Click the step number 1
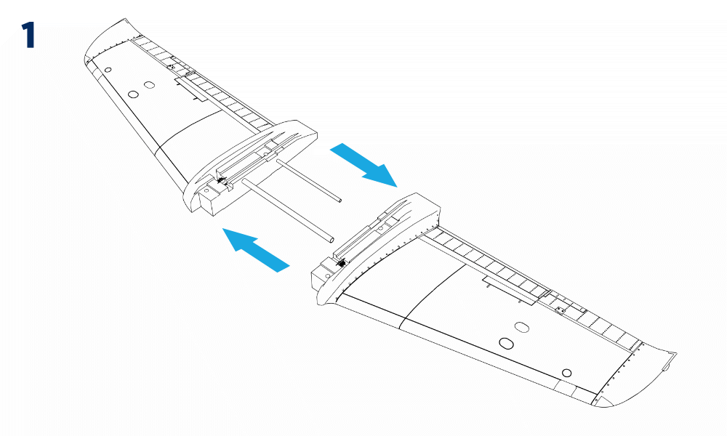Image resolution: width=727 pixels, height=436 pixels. [x=29, y=35]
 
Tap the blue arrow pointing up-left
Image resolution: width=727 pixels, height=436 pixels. [x=256, y=250]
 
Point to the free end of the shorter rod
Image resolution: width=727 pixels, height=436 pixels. [x=340, y=200]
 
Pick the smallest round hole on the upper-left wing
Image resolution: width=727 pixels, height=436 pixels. [x=108, y=70]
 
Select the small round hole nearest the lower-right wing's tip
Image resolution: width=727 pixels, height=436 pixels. [x=566, y=373]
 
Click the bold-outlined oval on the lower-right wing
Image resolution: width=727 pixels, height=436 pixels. [x=506, y=343]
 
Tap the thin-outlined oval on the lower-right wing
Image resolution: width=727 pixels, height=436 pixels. [x=522, y=327]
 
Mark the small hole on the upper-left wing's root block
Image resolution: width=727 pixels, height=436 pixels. [x=207, y=190]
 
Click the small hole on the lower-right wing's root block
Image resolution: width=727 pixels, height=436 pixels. [x=328, y=276]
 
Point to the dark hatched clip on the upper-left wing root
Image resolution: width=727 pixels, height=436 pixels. [x=222, y=181]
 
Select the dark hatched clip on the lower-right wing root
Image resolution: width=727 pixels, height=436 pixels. [x=342, y=263]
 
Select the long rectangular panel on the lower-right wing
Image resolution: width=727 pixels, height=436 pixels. [x=510, y=289]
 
